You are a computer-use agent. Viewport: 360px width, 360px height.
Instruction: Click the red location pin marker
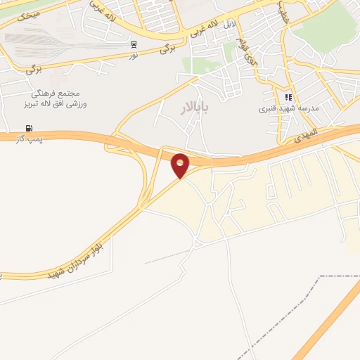coord(181,165)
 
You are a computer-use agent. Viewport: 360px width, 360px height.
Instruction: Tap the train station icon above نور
coord(134,44)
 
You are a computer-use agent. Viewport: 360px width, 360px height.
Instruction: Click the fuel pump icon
coord(28,129)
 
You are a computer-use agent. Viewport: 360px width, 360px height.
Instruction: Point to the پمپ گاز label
coord(30,139)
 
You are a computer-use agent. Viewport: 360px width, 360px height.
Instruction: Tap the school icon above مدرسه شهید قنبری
coord(288,97)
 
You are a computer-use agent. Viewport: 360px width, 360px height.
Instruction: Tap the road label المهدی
coord(307,132)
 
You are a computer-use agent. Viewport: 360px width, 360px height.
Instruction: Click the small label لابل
coord(229,26)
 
